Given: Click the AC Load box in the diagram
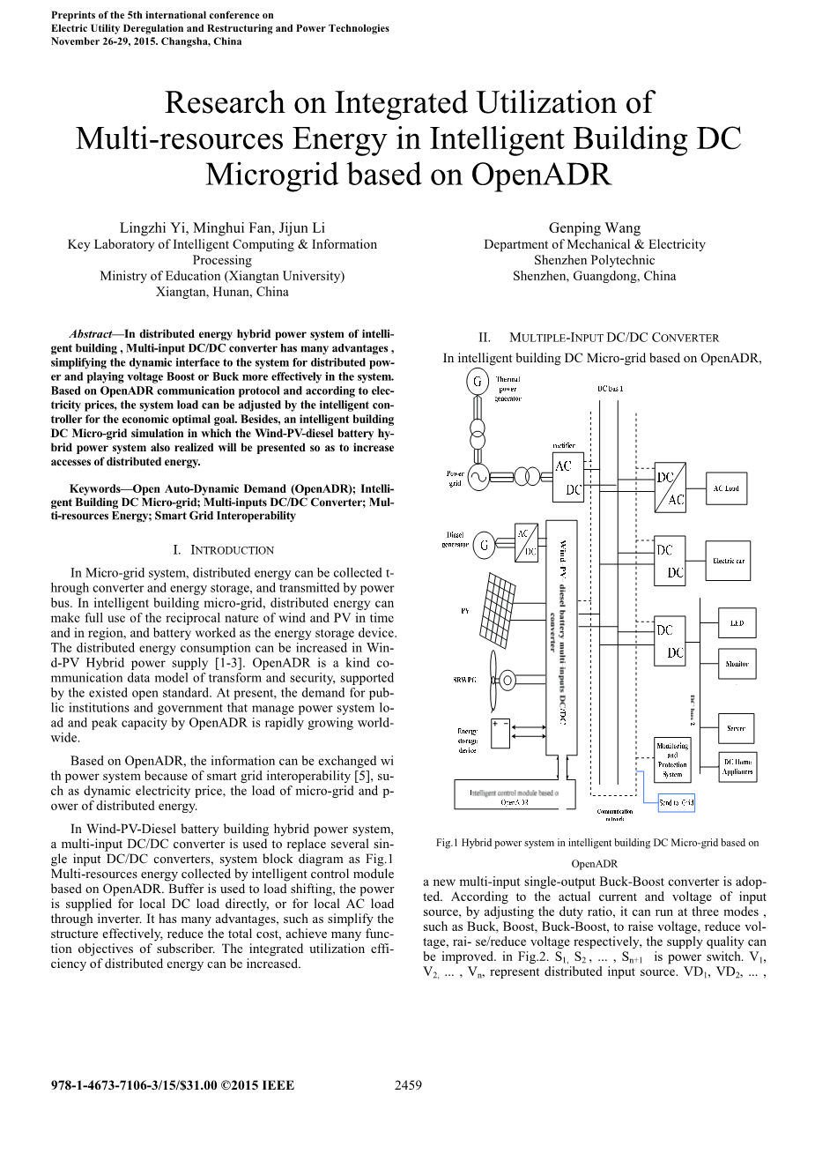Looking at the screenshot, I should coord(726,488).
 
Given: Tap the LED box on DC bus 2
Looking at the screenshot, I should coord(737,622).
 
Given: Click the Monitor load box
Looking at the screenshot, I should coord(737,663).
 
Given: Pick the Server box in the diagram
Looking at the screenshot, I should coord(737,728).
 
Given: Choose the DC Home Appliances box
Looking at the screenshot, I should coord(737,767).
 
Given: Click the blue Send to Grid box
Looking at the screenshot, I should coord(677,802).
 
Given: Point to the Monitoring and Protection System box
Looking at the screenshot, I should coord(672,759).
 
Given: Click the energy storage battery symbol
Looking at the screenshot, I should coord(500,733).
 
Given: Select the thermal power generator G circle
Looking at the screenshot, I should coord(478,382).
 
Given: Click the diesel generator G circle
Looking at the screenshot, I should coord(484,546).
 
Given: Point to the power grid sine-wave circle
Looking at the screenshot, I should coord(479,477).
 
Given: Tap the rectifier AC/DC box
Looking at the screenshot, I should coord(567,477).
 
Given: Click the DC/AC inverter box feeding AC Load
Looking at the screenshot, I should coord(670,488).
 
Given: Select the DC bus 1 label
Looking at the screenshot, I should coord(610,389).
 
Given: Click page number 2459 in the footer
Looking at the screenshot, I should coord(408,1085).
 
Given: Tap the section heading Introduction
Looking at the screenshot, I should coord(232,550).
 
